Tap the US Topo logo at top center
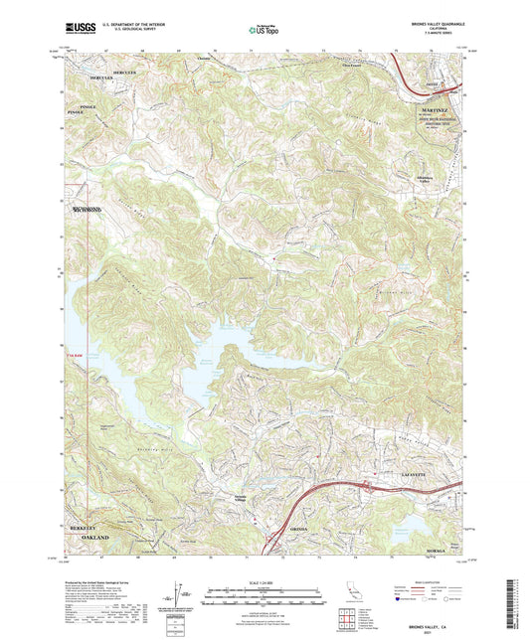[264, 31]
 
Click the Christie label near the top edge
[205, 59]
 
